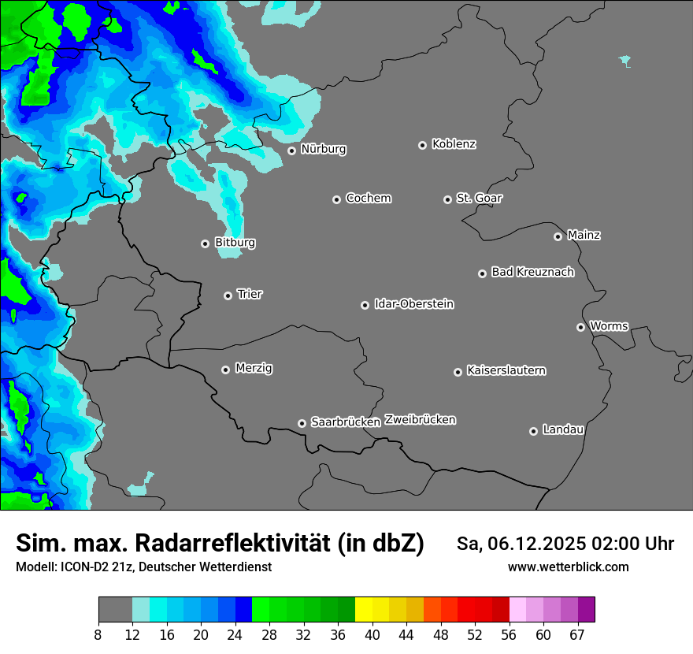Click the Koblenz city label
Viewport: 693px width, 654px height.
pos(454,144)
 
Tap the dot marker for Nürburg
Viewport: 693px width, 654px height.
pos(291,150)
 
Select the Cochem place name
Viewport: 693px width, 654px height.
pos(368,199)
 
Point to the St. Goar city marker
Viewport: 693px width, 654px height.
pos(447,199)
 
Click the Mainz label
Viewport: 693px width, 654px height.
pos(584,235)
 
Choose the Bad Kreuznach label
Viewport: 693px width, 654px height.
pos(532,272)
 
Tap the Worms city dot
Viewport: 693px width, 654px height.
pos(580,327)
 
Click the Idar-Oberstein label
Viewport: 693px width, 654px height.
pos(413,304)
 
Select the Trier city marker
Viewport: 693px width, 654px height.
pos(228,295)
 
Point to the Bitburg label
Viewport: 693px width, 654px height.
pos(235,243)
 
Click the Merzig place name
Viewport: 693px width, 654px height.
pos(254,368)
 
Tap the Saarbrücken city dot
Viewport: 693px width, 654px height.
pos(302,423)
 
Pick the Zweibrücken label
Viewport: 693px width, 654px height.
pos(420,420)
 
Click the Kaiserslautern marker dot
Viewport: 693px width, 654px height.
pos(458,372)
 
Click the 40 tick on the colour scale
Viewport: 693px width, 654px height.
pos(372,634)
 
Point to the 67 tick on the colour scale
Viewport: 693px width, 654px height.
pos(577,634)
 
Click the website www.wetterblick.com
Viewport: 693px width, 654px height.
pos(568,567)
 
